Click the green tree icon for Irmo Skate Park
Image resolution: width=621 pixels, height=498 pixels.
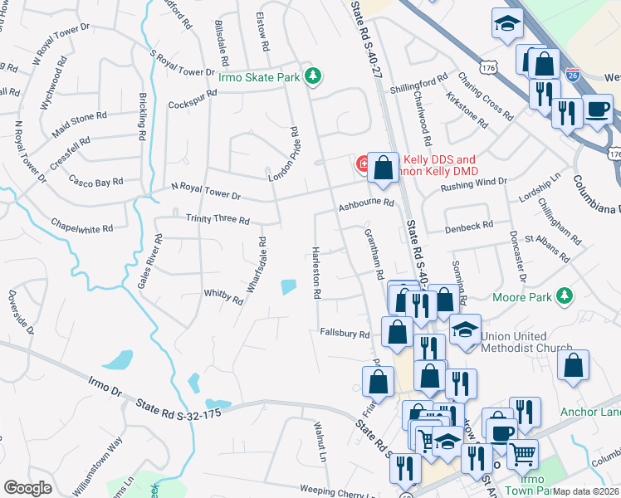312,76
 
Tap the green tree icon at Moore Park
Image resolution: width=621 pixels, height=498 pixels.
565,295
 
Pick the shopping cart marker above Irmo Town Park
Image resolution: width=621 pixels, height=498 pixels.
522,453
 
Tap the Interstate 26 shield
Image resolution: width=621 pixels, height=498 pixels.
573,76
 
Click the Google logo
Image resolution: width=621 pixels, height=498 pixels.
27,487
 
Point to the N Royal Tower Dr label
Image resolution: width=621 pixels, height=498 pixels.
205,195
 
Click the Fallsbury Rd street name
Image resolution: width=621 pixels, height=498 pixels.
345,334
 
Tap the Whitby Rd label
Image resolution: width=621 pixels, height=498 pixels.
222,294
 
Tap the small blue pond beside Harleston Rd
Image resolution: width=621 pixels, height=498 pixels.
288,287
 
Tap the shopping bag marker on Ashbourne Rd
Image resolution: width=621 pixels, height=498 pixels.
382,168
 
